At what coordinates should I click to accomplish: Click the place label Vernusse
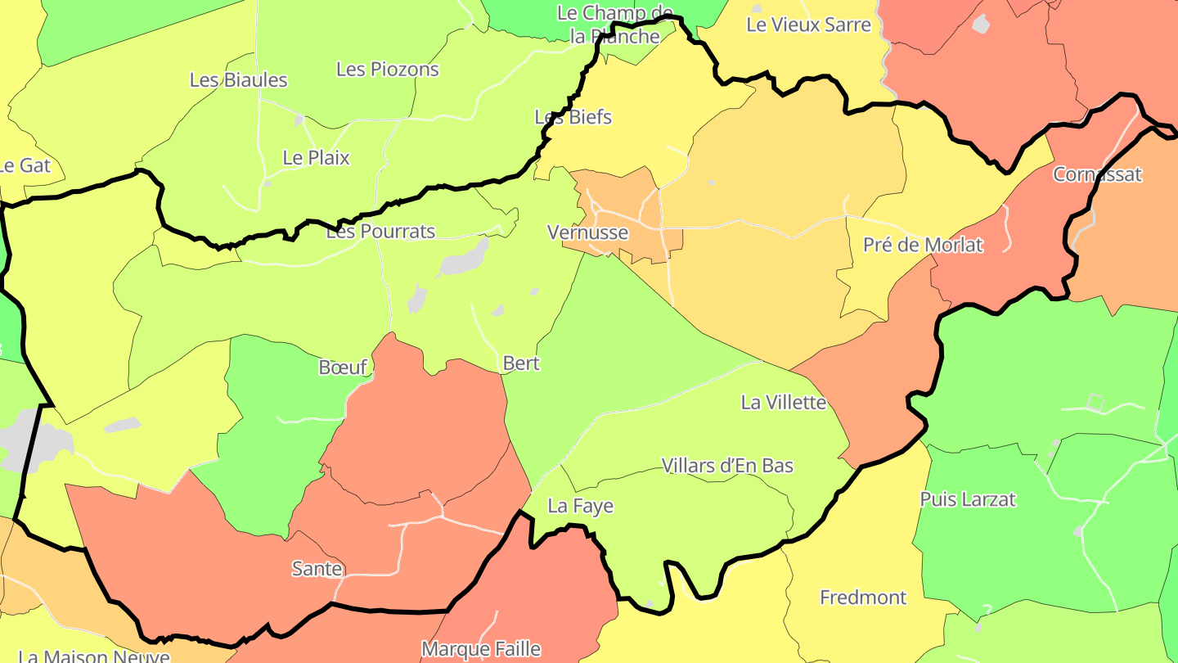587,232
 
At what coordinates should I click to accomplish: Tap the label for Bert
521,363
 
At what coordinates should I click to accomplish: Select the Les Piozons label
388,70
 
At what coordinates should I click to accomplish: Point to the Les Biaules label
239,80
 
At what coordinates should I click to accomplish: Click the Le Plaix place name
316,158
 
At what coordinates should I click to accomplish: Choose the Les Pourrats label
380,232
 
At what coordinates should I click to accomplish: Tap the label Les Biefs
573,117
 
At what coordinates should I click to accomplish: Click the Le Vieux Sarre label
808,25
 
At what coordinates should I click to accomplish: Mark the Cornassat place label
1097,174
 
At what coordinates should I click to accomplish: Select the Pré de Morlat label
923,245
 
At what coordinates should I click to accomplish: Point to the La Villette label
783,403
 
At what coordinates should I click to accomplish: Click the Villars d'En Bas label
727,466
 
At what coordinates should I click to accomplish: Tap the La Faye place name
580,507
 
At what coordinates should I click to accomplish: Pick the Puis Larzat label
968,499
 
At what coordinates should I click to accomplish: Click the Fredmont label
863,598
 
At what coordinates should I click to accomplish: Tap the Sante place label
317,569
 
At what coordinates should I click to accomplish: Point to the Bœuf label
343,368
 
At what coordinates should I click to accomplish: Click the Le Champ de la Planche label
614,25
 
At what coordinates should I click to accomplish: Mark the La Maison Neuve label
93,656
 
